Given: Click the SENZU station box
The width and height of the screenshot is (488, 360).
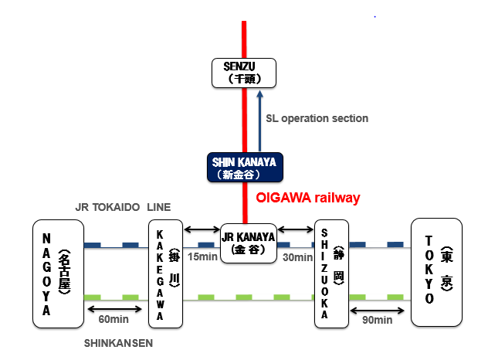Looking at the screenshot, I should [245, 73].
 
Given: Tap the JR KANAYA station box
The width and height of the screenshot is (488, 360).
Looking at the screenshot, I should [248, 243].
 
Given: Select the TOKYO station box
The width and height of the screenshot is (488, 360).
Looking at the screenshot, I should [436, 272].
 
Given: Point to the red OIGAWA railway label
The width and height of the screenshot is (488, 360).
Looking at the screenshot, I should [307, 199].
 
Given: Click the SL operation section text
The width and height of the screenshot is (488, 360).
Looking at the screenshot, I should [317, 118].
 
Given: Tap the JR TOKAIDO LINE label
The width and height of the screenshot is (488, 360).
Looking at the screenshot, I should [123, 207].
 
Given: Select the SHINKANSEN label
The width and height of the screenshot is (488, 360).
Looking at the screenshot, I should [117, 342].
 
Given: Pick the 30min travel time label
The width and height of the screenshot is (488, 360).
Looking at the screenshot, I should [297, 256].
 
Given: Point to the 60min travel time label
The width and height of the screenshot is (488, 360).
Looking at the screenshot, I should [114, 319].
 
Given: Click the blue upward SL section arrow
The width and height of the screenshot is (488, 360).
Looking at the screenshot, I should [260, 120].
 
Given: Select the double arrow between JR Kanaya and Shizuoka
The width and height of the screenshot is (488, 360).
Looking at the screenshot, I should [295, 229].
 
